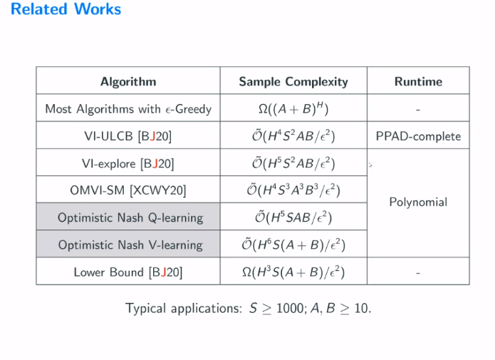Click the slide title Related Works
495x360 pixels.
coord(66,9)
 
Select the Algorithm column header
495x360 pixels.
coord(128,81)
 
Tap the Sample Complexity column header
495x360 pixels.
coord(293,81)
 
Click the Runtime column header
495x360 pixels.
coord(418,81)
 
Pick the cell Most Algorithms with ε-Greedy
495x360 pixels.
coord(128,109)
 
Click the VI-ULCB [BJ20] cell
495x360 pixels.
coord(128,136)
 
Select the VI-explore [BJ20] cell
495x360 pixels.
coord(128,163)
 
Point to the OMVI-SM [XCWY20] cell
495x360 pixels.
coord(128,190)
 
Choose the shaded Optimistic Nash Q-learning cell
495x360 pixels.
coord(128,217)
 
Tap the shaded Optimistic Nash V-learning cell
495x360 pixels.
coord(128,245)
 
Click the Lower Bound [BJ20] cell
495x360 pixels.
coord(128,272)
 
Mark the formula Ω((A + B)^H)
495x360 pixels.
coord(293,108)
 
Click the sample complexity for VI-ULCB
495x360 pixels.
coord(293,135)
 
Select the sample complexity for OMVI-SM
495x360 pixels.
coord(293,190)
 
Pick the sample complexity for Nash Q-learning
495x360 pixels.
coord(293,217)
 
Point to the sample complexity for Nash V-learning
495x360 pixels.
coord(293,244)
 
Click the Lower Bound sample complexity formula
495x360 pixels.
coord(293,271)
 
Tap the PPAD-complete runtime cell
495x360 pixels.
coord(418,136)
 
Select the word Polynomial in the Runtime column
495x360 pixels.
coord(418,202)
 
